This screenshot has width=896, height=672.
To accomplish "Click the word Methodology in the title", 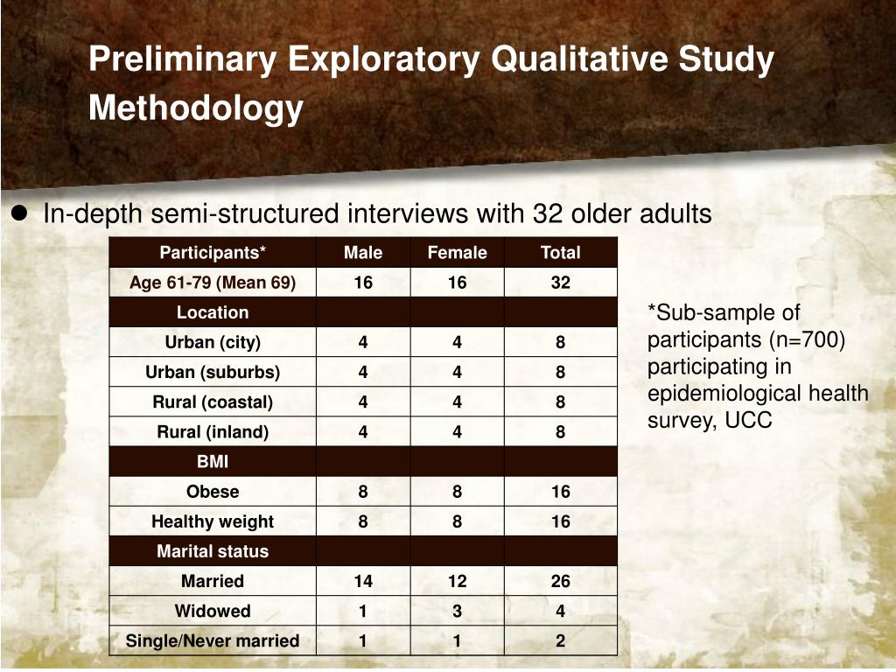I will (x=196, y=108).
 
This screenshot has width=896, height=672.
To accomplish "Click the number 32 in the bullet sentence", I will (x=541, y=213).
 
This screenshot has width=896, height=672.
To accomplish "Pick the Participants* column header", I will (x=213, y=253).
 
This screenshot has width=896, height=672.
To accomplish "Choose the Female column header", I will (x=457, y=253).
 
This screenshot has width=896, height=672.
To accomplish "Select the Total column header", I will (x=560, y=253).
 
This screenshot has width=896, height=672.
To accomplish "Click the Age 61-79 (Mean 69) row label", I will (x=213, y=283).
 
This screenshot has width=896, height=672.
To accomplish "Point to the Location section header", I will (x=213, y=312).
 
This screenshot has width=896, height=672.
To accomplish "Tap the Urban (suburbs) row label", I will (x=213, y=372).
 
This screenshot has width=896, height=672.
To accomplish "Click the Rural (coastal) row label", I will (x=213, y=402).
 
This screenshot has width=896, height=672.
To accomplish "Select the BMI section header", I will (x=213, y=462).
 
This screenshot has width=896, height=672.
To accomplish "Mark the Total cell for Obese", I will (x=560, y=492).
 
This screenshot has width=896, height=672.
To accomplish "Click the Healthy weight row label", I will (x=213, y=521).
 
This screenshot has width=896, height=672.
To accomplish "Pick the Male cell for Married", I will (x=363, y=581).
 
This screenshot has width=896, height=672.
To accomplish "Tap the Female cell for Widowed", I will (x=457, y=611).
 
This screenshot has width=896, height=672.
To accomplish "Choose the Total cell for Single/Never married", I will (x=560, y=640).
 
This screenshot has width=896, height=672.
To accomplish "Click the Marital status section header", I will (x=213, y=551).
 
